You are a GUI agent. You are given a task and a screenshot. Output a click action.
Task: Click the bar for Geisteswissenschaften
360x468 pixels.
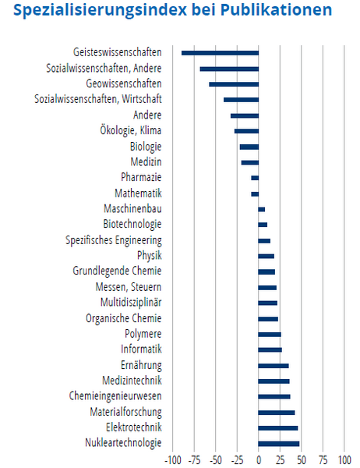click(x=220, y=53)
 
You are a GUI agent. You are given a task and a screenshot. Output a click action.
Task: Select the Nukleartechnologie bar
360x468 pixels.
click(x=279, y=444)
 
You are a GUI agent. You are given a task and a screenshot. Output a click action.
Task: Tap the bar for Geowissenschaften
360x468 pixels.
click(x=234, y=84)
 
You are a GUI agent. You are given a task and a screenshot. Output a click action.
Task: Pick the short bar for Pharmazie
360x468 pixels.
click(x=255, y=178)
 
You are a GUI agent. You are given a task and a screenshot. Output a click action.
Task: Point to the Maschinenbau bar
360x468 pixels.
click(x=262, y=210)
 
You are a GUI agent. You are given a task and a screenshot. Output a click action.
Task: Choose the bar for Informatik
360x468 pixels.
click(x=270, y=350)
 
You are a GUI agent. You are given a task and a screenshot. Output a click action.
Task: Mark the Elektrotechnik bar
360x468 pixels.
click(x=278, y=428)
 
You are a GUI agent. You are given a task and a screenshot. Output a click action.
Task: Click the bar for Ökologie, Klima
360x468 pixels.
click(x=247, y=131)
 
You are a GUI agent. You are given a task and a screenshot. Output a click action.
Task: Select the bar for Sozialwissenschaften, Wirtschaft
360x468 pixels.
click(x=242, y=100)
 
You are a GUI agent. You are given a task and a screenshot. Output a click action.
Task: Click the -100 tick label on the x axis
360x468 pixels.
click(x=173, y=460)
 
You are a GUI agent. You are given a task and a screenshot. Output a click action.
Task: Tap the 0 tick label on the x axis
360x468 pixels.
click(x=259, y=460)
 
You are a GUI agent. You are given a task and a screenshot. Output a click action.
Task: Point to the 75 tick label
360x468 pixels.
click(x=323, y=460)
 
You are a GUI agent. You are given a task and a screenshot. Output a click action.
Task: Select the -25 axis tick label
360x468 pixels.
click(x=237, y=460)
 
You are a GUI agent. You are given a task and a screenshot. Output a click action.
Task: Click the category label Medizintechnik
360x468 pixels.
click(x=132, y=381)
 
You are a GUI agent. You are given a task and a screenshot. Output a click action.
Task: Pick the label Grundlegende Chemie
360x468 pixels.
click(x=117, y=271)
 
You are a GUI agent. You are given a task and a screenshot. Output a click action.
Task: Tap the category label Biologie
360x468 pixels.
click(x=146, y=147)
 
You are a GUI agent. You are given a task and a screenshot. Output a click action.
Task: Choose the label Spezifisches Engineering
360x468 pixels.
click(x=114, y=240)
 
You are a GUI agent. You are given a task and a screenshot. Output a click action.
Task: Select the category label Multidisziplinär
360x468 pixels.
click(x=131, y=303)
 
